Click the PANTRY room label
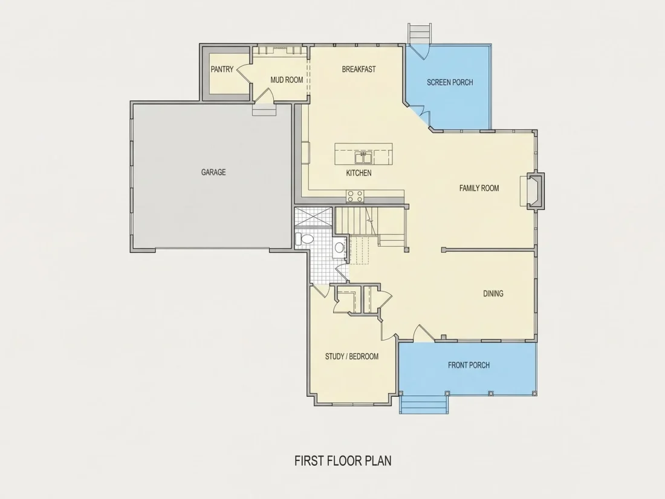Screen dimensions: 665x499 222,69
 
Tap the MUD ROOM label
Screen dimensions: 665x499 287,80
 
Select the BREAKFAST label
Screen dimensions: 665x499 358,69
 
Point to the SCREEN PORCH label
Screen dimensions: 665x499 450,82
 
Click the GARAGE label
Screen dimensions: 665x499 213,172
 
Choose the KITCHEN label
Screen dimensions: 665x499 358,173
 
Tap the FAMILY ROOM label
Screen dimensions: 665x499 479,188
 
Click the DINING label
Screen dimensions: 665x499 493,293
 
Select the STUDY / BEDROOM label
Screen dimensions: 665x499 352,356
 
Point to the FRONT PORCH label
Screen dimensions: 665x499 469,365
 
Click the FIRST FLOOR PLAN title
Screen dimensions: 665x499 343,461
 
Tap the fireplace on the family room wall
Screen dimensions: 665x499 533,191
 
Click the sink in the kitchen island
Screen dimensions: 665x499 363,157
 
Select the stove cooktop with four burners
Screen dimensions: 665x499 355,196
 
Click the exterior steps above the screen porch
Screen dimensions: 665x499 420,33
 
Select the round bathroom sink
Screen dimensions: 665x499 339,248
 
